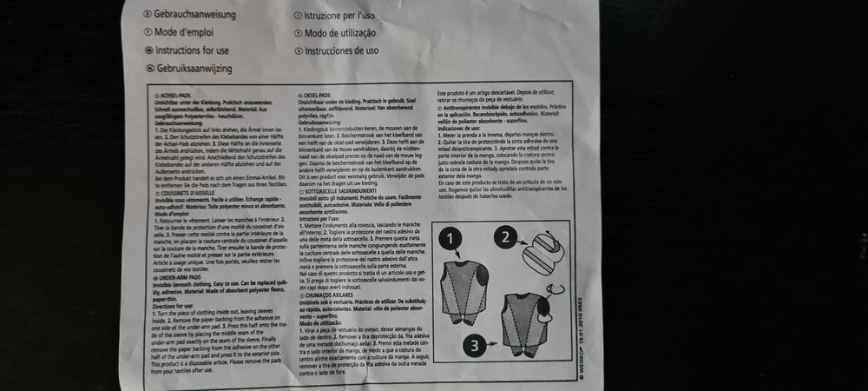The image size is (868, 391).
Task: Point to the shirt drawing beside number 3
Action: [x=528, y=323]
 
